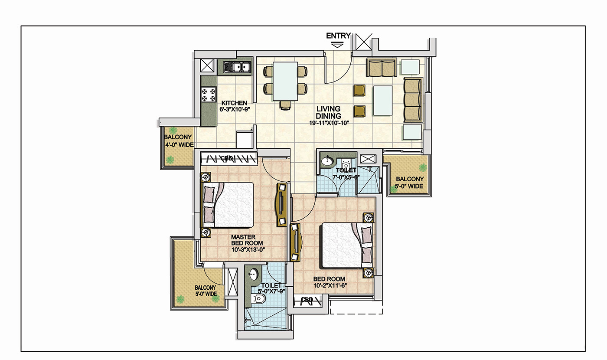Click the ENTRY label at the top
[338, 36]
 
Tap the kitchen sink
[237, 67]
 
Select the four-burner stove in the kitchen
[209, 95]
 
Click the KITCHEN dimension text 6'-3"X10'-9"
[235, 109]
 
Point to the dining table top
[285, 81]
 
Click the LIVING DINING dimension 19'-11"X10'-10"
[329, 123]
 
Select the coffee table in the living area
[382, 101]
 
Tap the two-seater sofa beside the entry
[382, 67]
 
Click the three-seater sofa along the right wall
[413, 99]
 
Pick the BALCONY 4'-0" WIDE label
[179, 141]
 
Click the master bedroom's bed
[227, 205]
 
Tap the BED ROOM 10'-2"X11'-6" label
[330, 282]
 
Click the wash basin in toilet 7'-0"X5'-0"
[327, 160]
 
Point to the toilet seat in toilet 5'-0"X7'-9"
[259, 299]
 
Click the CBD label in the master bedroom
[227, 158]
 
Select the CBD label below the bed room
[307, 300]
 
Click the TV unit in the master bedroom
[281, 205]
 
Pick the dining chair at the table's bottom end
[285, 105]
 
